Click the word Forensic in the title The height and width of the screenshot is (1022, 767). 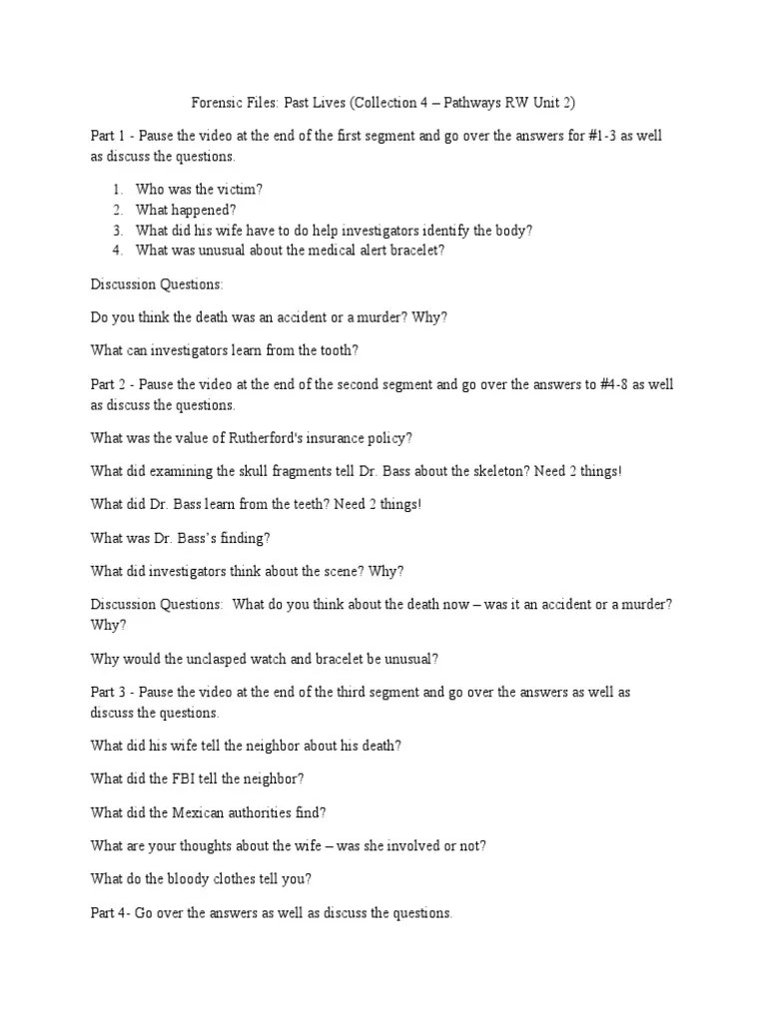(216, 103)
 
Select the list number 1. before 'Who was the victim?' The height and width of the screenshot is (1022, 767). (117, 188)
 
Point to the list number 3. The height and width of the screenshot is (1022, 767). (117, 230)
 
